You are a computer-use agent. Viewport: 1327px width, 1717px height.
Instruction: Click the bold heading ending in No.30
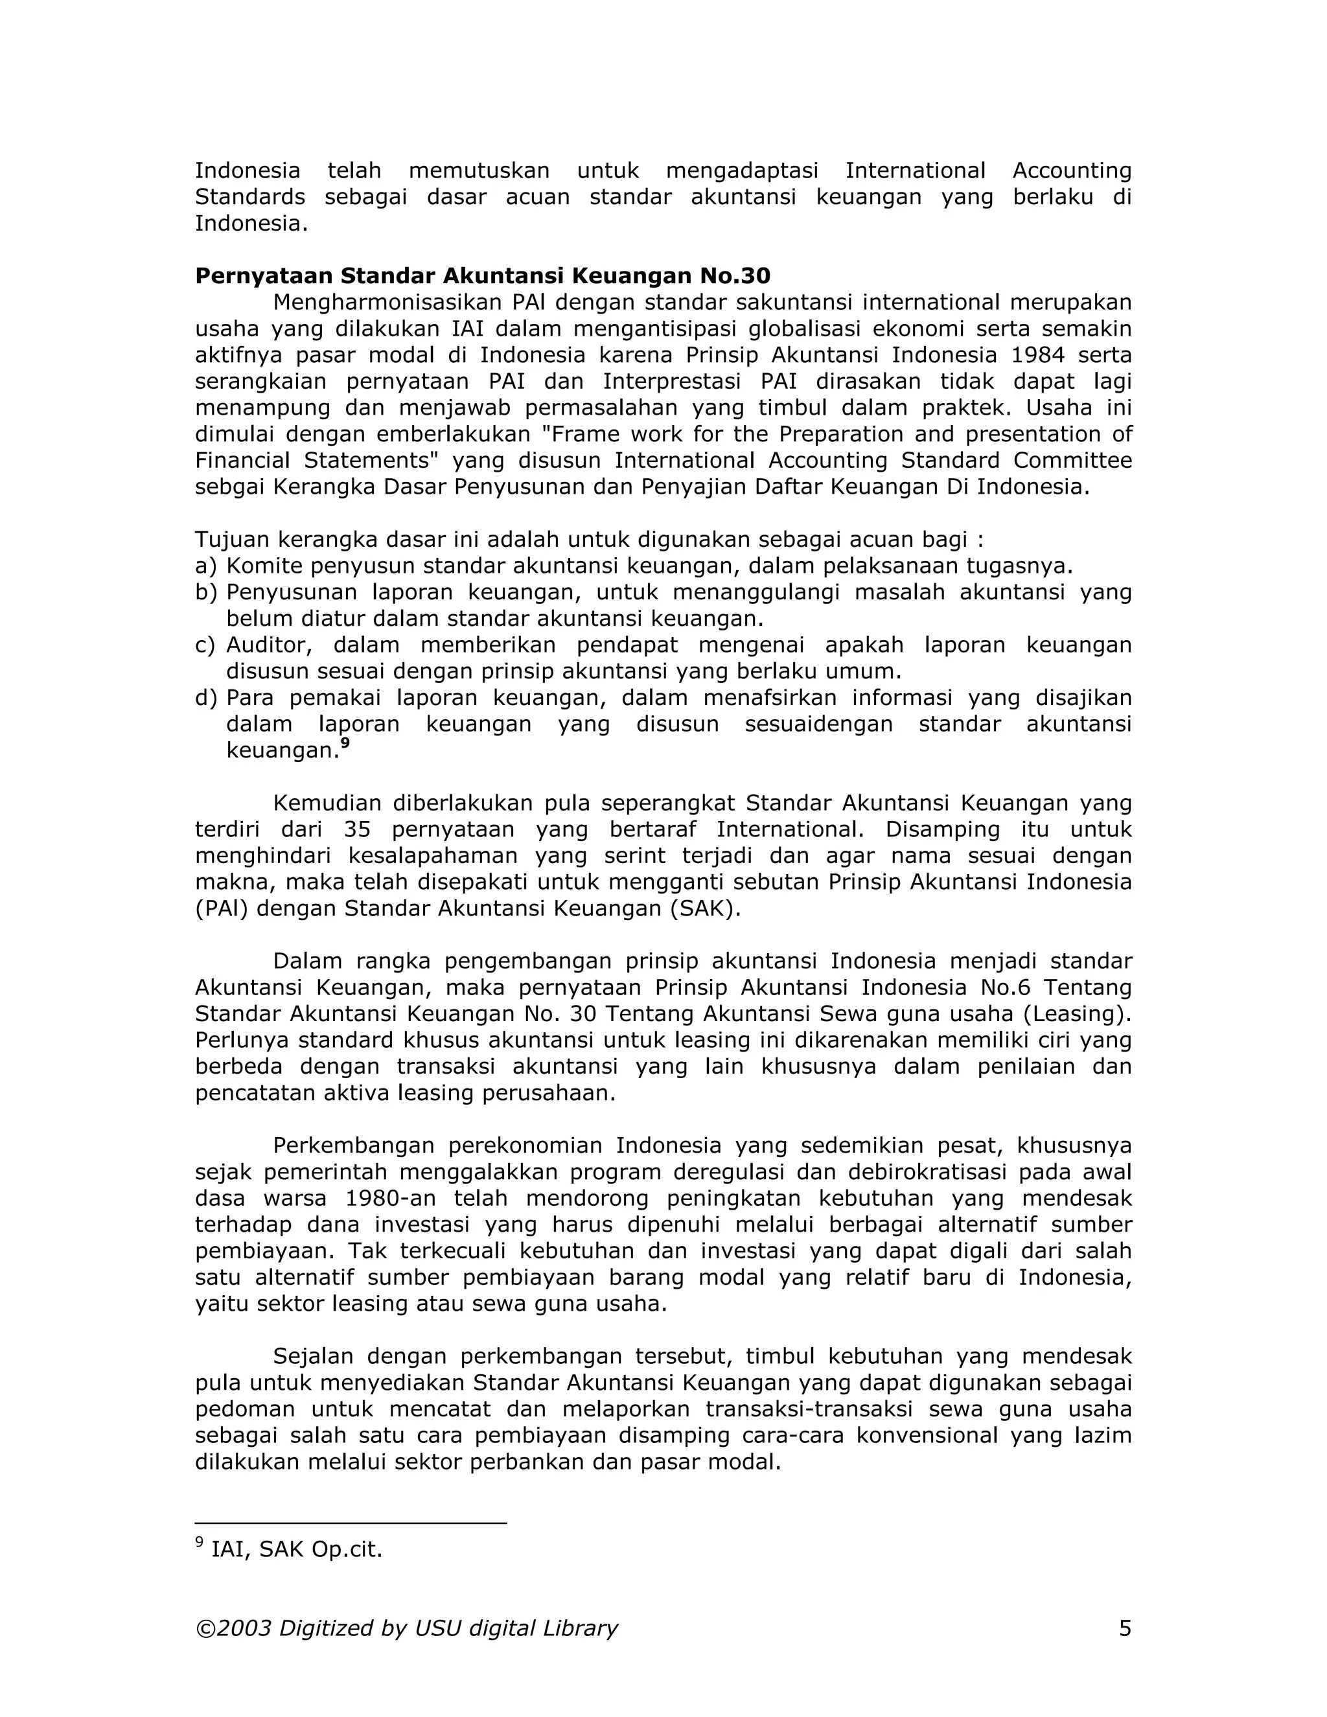[x=482, y=276]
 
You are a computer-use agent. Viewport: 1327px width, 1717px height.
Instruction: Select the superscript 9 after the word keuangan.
[x=344, y=743]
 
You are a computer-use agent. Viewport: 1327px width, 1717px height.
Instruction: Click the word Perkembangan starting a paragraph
[x=358, y=1146]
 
